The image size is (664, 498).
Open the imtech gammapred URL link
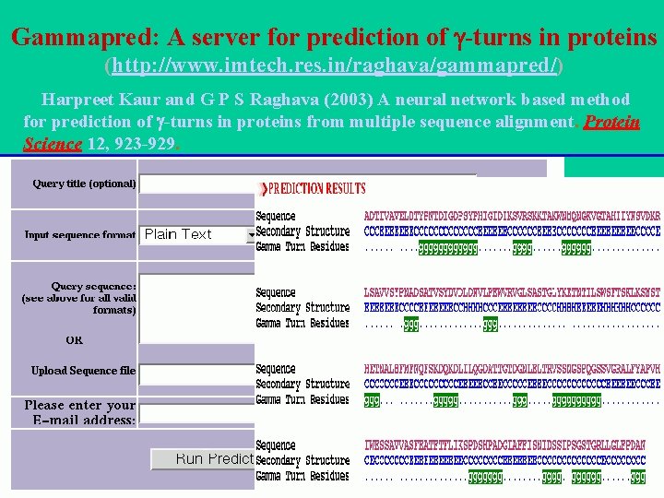[335, 67]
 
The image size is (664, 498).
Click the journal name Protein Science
[612, 122]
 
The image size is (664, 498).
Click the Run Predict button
[203, 458]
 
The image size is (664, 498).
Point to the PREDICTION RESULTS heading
[316, 189]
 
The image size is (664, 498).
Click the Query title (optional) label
[84, 184]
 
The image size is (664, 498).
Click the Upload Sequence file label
[83, 371]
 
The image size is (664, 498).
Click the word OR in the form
[75, 339]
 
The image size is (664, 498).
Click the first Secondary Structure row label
[302, 231]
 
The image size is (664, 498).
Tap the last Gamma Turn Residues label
[302, 476]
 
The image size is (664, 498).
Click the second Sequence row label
[276, 292]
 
